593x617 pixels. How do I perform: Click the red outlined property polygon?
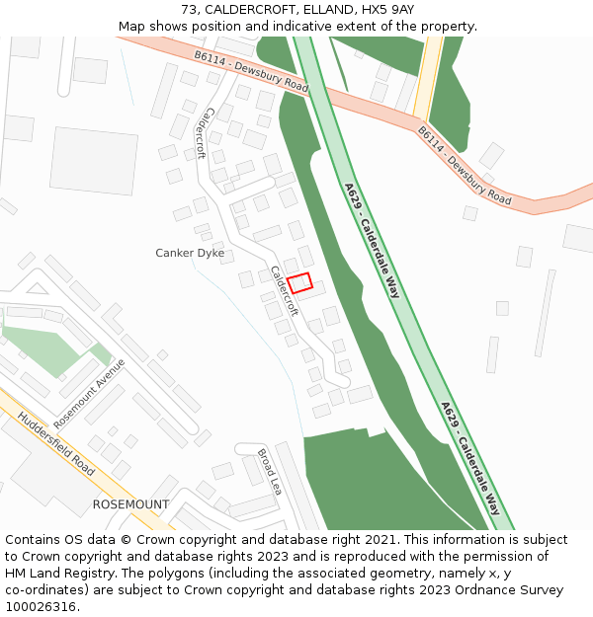click(x=300, y=283)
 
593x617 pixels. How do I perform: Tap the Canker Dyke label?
click(x=190, y=254)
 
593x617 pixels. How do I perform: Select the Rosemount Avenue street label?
click(x=90, y=393)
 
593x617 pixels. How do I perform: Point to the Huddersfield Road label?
click(x=57, y=444)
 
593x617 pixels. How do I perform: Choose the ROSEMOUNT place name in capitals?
click(x=130, y=504)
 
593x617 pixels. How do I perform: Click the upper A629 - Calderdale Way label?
click(x=373, y=240)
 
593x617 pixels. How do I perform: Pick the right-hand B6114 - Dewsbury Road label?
click(x=464, y=165)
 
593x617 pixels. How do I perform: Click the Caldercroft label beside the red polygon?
click(x=285, y=290)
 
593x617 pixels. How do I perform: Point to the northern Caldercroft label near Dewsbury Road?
click(x=202, y=133)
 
